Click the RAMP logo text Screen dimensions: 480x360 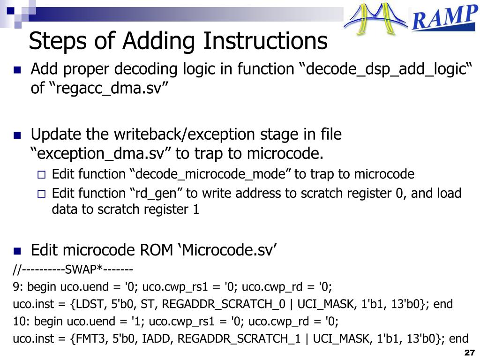click(x=443, y=19)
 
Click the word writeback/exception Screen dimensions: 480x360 click(x=182, y=135)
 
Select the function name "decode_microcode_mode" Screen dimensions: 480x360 click(x=210, y=174)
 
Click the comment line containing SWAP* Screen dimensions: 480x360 click(x=73, y=270)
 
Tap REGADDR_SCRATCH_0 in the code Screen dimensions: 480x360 click(x=224, y=304)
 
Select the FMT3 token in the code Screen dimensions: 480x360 click(x=88, y=339)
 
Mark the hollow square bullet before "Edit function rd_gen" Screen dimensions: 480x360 click(x=41, y=194)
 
